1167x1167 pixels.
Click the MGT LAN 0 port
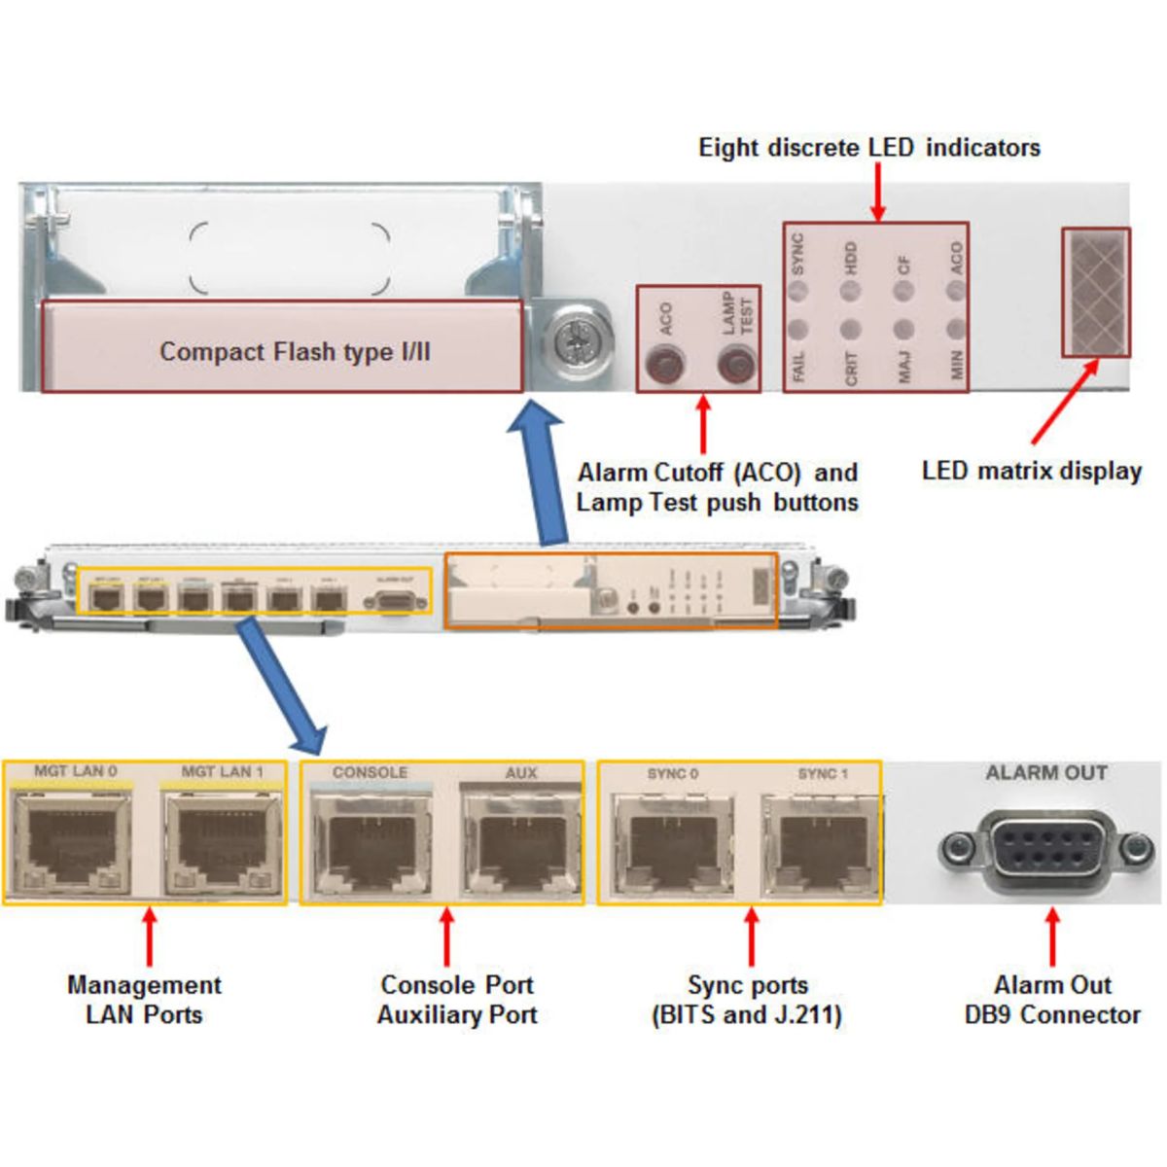pyautogui.click(x=74, y=841)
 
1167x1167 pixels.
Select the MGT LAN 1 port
pyautogui.click(x=222, y=841)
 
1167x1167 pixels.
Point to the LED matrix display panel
pyautogui.click(x=1095, y=292)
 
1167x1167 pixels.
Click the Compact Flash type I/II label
pyautogui.click(x=294, y=352)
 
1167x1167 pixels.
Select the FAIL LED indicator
pyautogui.click(x=798, y=330)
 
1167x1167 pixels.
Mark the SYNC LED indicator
pyautogui.click(x=798, y=289)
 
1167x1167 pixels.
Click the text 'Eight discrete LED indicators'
pyautogui.click(x=868, y=148)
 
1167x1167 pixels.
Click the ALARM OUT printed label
pyautogui.click(x=1046, y=773)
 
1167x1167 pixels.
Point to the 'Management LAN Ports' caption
pyautogui.click(x=144, y=1000)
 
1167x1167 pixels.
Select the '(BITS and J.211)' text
pyautogui.click(x=747, y=1015)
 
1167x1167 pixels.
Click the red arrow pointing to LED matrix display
pyautogui.click(x=1065, y=403)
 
